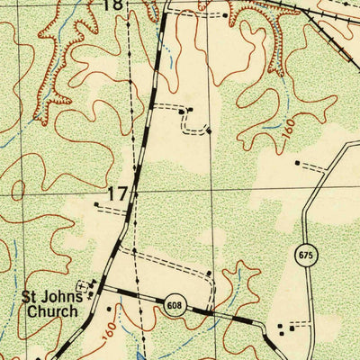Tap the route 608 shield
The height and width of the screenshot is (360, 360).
point(173,307)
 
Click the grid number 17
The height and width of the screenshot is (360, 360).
point(117,193)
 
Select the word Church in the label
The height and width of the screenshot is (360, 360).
point(52,311)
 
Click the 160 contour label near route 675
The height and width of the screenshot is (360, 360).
point(287,130)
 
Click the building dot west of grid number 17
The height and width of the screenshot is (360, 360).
point(95,204)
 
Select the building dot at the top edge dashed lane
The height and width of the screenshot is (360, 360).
point(225,14)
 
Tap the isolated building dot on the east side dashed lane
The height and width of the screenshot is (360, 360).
point(297,163)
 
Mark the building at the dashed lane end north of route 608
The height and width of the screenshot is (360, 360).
point(209,273)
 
